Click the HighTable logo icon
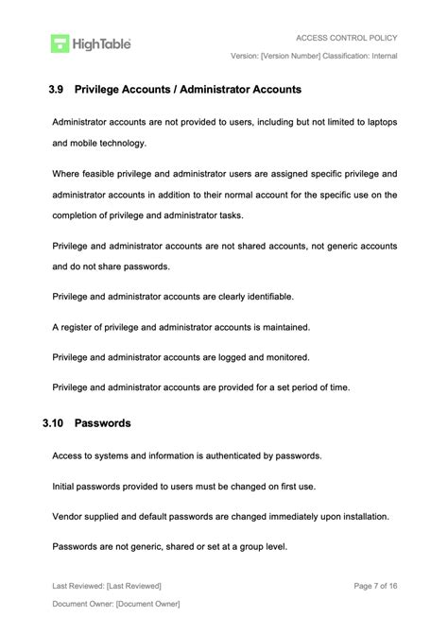(x=60, y=43)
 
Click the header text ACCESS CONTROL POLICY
(x=346, y=38)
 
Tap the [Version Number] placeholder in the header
(x=294, y=56)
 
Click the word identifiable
(x=267, y=296)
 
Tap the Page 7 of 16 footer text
(x=375, y=586)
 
